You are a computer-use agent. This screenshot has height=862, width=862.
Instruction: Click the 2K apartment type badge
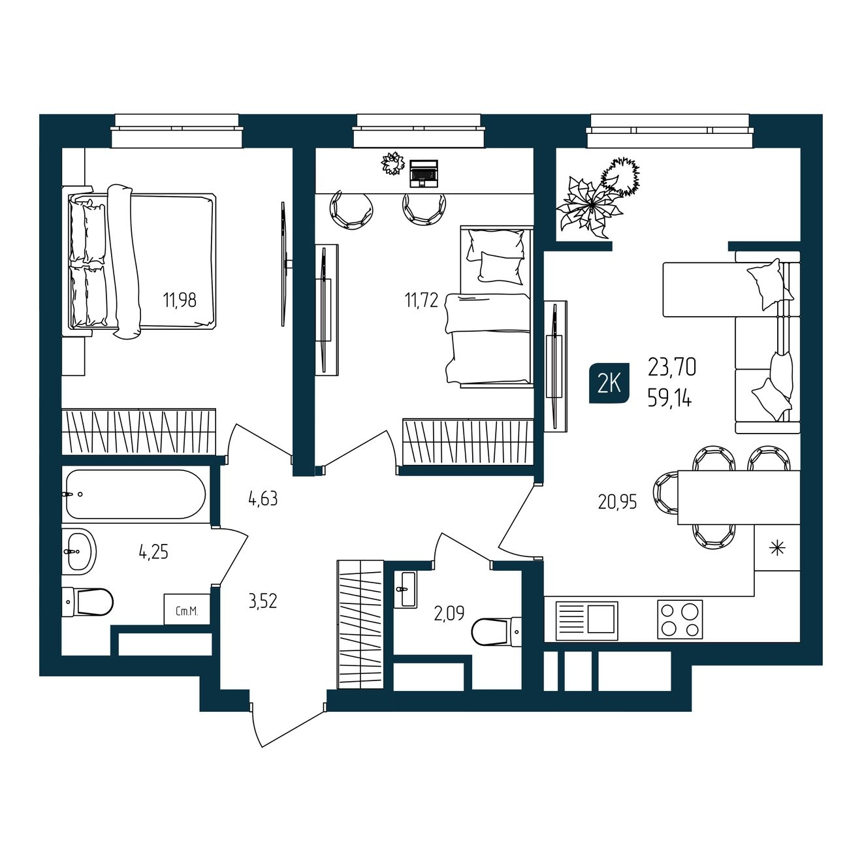click(609, 384)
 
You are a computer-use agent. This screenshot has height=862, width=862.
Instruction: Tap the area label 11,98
click(180, 300)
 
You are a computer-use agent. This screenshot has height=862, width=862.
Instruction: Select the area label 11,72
click(421, 300)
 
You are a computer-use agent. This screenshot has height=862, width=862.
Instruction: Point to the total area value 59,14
click(669, 398)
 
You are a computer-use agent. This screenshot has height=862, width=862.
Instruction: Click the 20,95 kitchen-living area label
click(617, 503)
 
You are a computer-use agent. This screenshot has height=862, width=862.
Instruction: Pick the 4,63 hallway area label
click(263, 498)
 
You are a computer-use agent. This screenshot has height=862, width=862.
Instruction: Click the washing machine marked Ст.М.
click(187, 609)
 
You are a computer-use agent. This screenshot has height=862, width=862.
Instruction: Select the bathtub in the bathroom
click(136, 494)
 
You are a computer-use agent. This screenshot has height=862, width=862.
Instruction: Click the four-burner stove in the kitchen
click(680, 620)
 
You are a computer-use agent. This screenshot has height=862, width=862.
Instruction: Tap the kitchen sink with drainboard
click(586, 620)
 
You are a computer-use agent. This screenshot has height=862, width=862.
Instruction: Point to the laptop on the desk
click(424, 173)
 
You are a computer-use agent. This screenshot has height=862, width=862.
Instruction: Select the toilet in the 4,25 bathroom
click(88, 602)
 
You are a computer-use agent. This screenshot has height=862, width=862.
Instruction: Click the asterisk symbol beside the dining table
click(778, 548)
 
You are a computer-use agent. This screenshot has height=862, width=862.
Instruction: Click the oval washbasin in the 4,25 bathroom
click(79, 552)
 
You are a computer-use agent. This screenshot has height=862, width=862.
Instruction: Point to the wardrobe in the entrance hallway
click(360, 624)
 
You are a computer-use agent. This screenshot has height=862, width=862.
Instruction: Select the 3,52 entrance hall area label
click(263, 601)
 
